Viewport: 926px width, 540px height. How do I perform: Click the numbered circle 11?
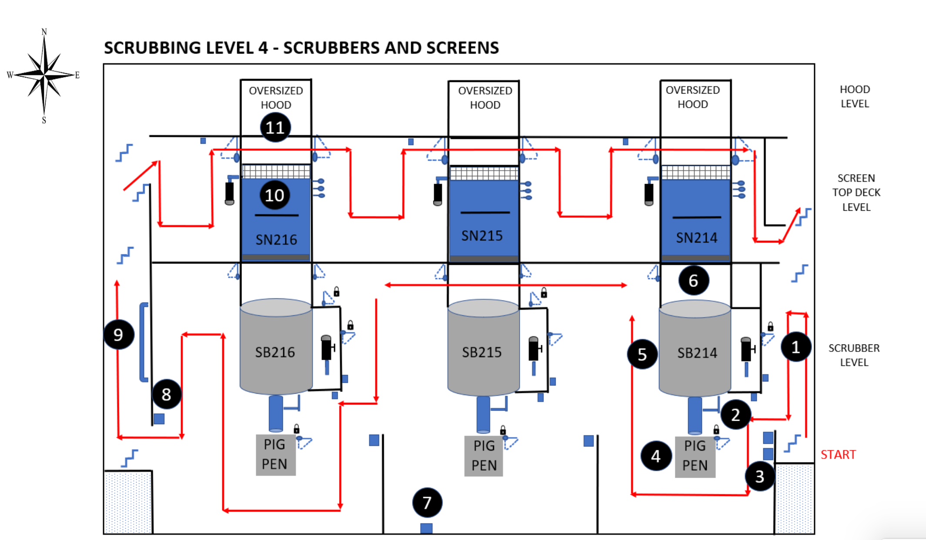click(x=275, y=127)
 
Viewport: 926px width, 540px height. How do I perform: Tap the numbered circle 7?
click(x=427, y=503)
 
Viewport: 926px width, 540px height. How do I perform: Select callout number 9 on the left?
click(x=118, y=334)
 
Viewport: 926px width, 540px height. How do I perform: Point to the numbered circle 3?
click(x=759, y=476)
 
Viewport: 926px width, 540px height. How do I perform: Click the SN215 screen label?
click(x=482, y=236)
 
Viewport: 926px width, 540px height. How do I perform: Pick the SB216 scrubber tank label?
click(x=275, y=352)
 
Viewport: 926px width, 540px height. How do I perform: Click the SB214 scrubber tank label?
click(x=697, y=353)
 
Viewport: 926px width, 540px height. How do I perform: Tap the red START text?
click(x=838, y=455)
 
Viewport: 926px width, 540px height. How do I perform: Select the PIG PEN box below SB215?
click(x=484, y=456)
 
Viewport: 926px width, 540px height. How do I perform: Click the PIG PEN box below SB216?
click(x=275, y=455)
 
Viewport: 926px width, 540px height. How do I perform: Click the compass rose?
click(x=44, y=75)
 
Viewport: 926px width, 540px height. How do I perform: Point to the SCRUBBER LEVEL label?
click(x=854, y=355)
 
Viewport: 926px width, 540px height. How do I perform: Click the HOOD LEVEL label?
click(x=855, y=96)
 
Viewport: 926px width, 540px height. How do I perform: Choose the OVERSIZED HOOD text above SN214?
click(x=693, y=97)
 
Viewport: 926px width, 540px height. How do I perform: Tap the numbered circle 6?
click(x=694, y=280)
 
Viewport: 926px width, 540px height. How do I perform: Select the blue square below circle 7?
click(x=426, y=528)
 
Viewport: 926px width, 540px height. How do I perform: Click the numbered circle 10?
click(x=275, y=195)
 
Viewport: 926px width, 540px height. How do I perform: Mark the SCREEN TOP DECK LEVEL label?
click(x=856, y=192)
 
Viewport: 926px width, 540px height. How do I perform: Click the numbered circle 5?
click(x=642, y=354)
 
